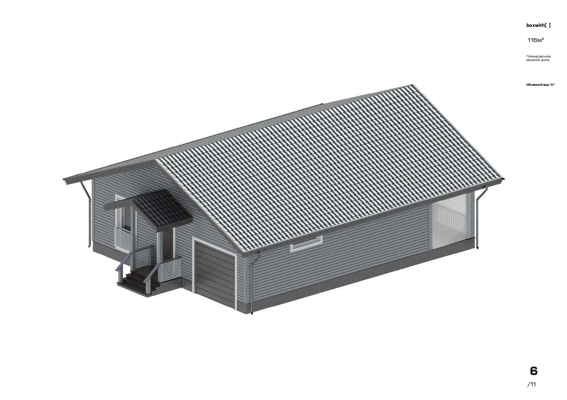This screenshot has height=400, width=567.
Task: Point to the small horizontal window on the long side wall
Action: (307, 244)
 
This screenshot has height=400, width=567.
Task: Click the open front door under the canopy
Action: (167, 244)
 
